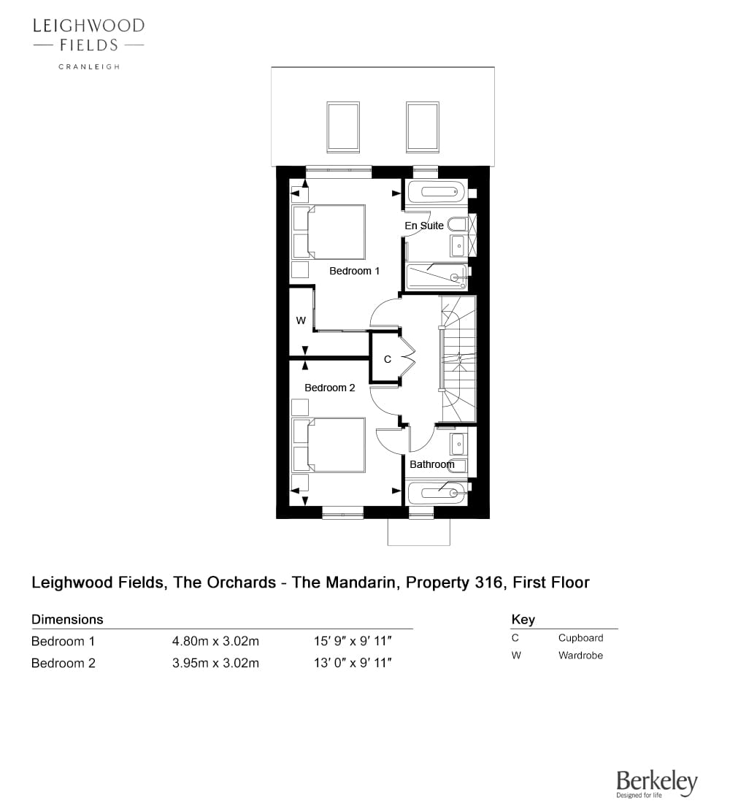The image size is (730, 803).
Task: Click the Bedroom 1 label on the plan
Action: click(x=355, y=271)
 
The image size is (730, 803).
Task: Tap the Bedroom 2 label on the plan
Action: click(x=330, y=388)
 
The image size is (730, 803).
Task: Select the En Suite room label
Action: click(x=424, y=226)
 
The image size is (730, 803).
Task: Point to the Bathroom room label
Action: click(x=432, y=464)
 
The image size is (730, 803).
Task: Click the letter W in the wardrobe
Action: click(x=301, y=320)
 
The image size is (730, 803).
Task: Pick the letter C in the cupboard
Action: click(x=388, y=359)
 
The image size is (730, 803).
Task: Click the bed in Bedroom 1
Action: click(x=328, y=232)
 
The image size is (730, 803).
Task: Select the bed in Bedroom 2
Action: click(x=328, y=445)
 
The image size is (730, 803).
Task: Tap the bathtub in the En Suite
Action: click(x=436, y=192)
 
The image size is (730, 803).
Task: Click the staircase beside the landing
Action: click(x=458, y=358)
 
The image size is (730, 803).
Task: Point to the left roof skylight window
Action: click(x=343, y=126)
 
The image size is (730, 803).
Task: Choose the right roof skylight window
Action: click(x=423, y=126)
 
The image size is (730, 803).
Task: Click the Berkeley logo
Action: click(x=657, y=783)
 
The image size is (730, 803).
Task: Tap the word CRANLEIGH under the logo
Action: click(x=89, y=66)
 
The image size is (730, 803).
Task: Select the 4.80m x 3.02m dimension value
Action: click(x=215, y=641)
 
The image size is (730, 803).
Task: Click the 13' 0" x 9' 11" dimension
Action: click(x=353, y=663)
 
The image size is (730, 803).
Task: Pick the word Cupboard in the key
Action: click(x=581, y=638)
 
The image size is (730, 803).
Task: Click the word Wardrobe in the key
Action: click(x=581, y=656)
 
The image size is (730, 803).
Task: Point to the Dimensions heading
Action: click(x=67, y=620)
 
